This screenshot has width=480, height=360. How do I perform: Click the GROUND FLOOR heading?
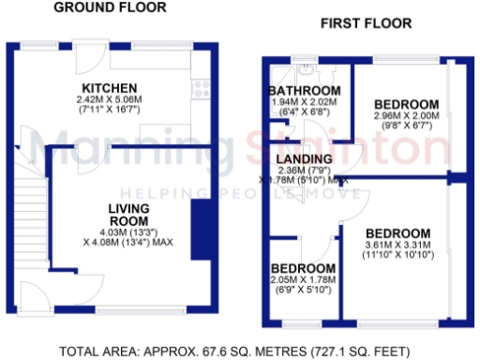110,7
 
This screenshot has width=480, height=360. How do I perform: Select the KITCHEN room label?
110,88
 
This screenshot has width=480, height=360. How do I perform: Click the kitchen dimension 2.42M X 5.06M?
110,99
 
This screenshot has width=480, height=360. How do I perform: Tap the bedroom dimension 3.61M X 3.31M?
397,246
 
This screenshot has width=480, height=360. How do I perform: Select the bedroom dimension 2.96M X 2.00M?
406,116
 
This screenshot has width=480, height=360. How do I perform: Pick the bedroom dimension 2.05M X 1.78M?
304,279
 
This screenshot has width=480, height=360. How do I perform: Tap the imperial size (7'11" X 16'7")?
110,110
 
